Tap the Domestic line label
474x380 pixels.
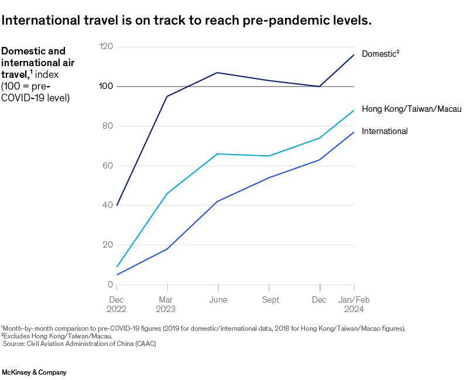[x=380, y=54]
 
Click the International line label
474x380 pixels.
[x=384, y=131]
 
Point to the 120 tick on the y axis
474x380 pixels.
[x=106, y=47]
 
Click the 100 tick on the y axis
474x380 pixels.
[x=106, y=87]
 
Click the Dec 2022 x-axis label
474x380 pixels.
[x=116, y=304]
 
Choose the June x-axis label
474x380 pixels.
[x=218, y=300]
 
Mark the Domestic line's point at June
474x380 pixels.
[x=218, y=73]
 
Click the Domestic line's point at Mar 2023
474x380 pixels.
[x=167, y=96]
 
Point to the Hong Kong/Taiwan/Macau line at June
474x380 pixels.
[x=218, y=154]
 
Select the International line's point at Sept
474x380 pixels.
[x=269, y=177]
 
